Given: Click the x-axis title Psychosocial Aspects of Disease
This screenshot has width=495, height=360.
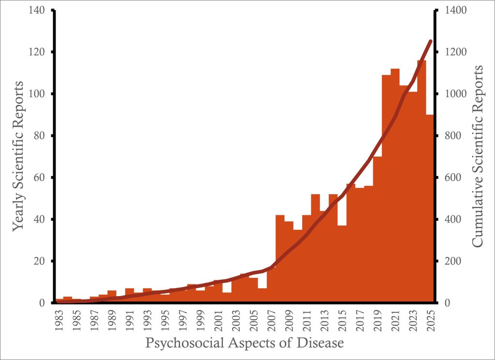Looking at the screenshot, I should pos(245,344).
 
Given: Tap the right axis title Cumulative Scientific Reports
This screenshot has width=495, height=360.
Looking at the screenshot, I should pos(478,156).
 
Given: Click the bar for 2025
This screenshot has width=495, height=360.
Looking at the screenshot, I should pos(430,208).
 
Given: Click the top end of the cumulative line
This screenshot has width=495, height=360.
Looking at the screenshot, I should pos(430,41).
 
